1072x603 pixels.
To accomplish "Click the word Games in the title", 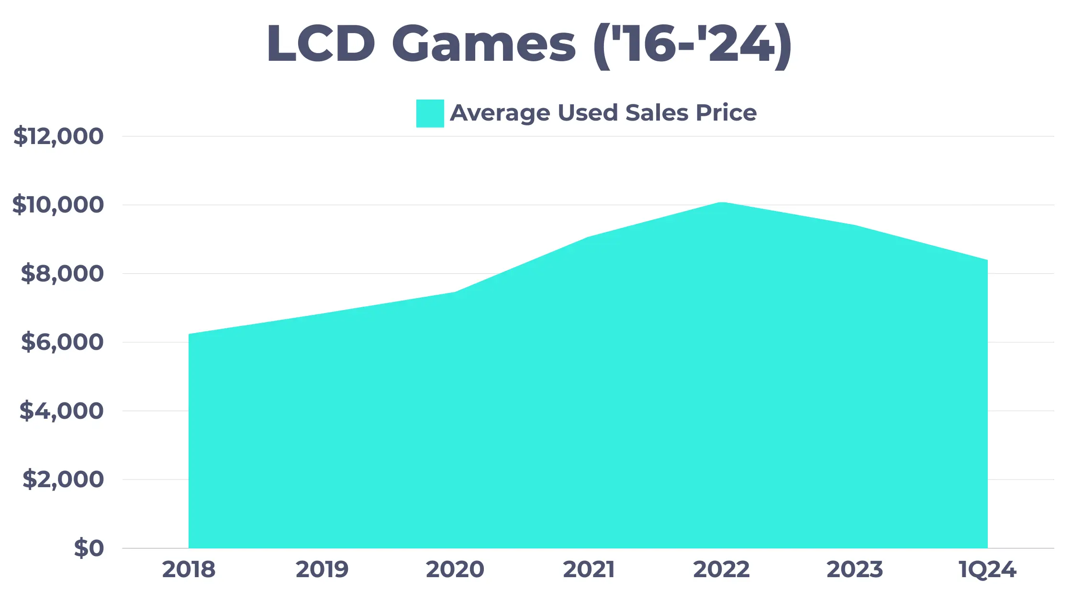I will point(484,44).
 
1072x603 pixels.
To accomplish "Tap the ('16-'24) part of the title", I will point(692,45).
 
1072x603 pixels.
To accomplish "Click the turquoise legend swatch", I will point(430,113).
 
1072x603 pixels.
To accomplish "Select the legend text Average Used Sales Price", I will point(603,113).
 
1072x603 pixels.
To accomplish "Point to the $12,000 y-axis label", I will point(58,136).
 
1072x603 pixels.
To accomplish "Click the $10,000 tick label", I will point(58,205).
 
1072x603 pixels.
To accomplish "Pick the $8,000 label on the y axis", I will point(62,274).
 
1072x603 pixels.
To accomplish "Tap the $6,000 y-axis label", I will point(62,342).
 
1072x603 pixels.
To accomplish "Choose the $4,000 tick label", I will point(61,411).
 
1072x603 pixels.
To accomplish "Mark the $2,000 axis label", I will point(63,480).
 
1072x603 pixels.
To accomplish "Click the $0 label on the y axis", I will point(89,548).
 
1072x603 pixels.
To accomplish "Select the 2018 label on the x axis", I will point(189,569).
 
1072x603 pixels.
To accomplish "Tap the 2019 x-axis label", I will point(322,569).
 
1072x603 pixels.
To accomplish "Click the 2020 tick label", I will point(455,569).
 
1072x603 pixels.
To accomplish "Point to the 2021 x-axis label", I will point(588,569).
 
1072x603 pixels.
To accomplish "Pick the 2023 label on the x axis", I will point(855,569).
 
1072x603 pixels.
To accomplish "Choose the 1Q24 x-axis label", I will point(987,569).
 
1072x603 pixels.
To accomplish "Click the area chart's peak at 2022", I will point(722,203).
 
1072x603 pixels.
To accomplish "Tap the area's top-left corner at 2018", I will point(190,335).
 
